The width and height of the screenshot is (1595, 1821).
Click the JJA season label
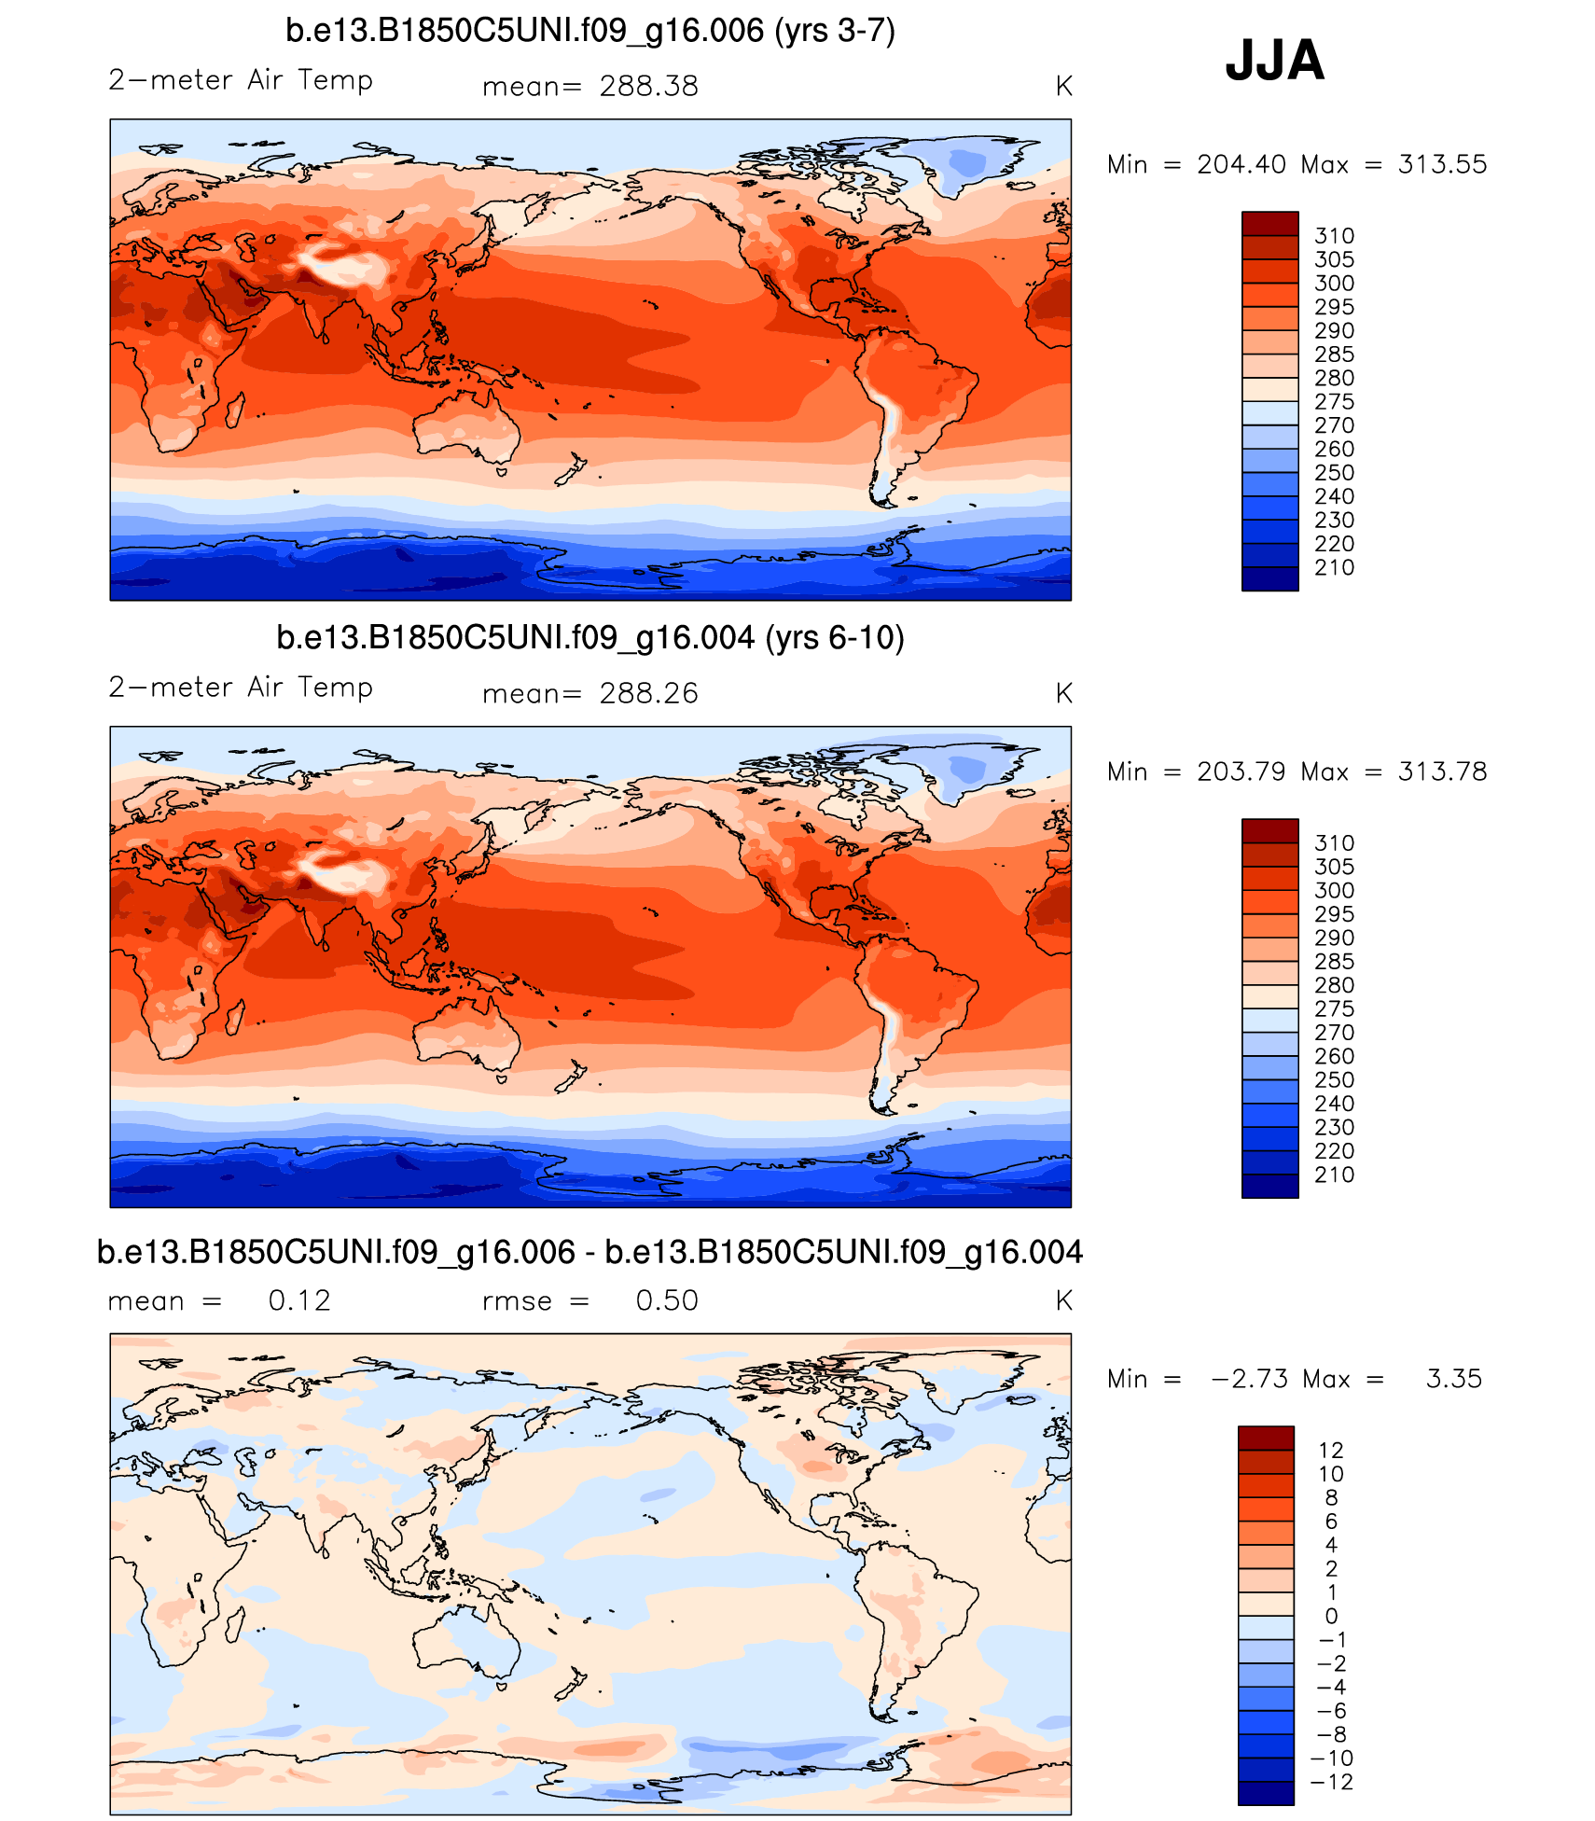point(1274,61)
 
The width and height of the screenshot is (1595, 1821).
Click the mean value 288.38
point(648,87)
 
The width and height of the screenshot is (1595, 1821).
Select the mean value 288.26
point(648,694)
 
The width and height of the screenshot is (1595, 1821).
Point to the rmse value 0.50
point(667,1301)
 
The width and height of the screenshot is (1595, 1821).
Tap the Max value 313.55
point(1442,165)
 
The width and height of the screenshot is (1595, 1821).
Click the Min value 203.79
point(1241,772)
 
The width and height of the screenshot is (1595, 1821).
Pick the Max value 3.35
point(1453,1380)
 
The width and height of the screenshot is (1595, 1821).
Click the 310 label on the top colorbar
point(1334,236)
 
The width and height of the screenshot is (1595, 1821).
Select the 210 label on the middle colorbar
point(1334,1175)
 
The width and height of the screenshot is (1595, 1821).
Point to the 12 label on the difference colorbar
point(1331,1451)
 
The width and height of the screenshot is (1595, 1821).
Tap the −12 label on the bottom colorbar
point(1331,1783)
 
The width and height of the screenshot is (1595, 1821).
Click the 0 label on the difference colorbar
point(1331,1617)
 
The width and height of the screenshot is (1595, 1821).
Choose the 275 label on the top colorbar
point(1334,402)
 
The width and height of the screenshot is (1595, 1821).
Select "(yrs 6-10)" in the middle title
point(835,638)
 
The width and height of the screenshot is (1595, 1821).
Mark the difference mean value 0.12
point(299,1301)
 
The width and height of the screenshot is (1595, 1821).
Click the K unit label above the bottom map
point(1063,1301)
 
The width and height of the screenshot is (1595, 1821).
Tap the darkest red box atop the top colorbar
point(1269,224)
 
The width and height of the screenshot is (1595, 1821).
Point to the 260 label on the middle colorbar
point(1334,1057)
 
